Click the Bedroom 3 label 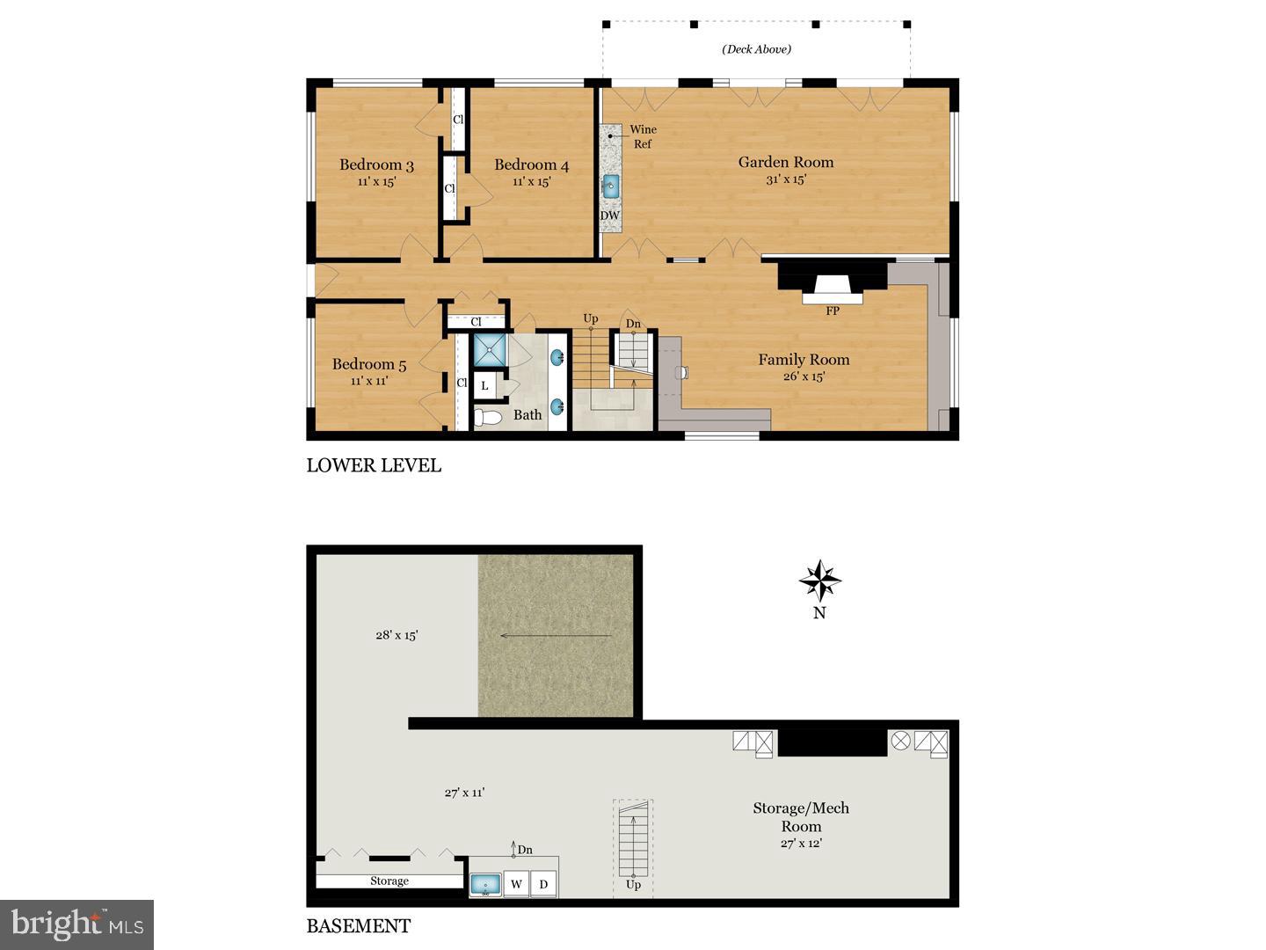click(376, 165)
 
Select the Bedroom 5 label click(369, 364)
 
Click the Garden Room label click(785, 162)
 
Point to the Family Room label click(804, 360)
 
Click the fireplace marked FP click(832, 289)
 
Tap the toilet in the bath click(486, 417)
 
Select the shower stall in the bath click(491, 350)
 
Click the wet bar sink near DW click(610, 186)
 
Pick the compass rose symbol click(819, 581)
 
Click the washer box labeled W click(517, 884)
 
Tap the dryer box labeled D click(544, 884)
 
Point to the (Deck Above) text click(756, 49)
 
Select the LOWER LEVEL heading click(374, 465)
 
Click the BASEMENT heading click(358, 926)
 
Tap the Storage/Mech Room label click(801, 817)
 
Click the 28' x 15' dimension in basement click(397, 634)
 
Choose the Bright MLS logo click(77, 924)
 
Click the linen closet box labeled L click(484, 385)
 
